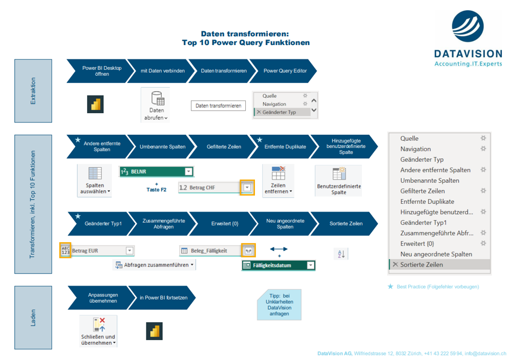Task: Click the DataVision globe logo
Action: (x=468, y=26)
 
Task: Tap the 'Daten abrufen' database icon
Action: (x=158, y=98)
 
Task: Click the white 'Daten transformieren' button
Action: (x=218, y=105)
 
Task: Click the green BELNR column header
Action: (x=156, y=172)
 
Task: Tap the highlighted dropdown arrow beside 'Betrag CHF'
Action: (x=247, y=187)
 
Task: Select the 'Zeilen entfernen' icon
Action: (x=279, y=173)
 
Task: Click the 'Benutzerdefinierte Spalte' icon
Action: (x=339, y=174)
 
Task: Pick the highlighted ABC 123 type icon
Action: (x=66, y=250)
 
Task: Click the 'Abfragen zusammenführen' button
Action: (x=155, y=265)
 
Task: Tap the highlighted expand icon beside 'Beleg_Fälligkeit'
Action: (x=248, y=251)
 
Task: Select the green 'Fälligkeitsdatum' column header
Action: (x=279, y=265)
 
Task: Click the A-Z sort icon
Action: (x=341, y=253)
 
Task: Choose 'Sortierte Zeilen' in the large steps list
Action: (x=421, y=264)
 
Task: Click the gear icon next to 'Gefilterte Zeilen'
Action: (x=483, y=190)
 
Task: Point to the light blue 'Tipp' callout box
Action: (x=279, y=305)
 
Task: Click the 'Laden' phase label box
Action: (x=33, y=317)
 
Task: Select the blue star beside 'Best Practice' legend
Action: (x=390, y=286)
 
